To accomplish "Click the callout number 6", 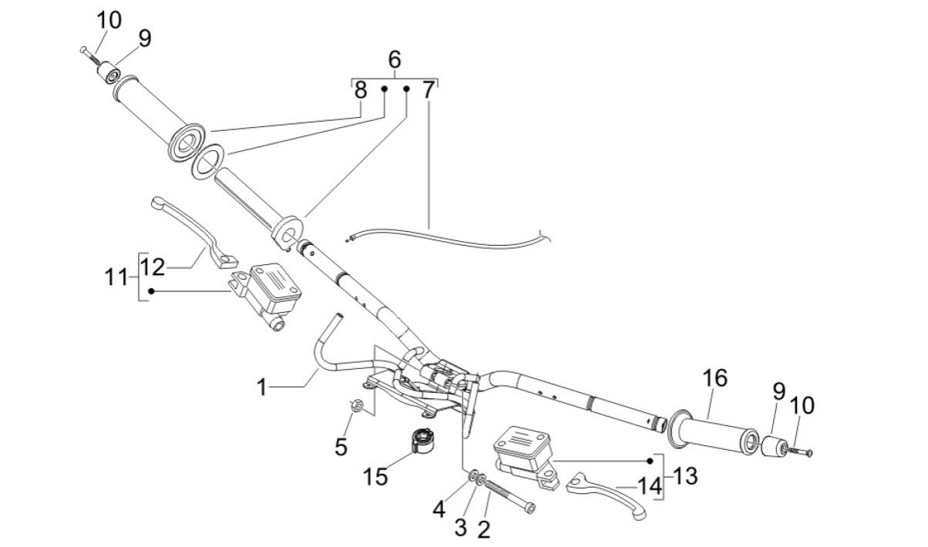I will (x=394, y=59).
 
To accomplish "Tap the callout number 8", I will (x=361, y=90).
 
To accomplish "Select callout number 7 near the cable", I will (x=429, y=90).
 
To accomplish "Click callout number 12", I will (x=153, y=267).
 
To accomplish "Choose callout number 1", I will (x=262, y=387).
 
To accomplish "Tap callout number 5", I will (x=341, y=445).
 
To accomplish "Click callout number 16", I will (x=714, y=379).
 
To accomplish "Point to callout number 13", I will (x=684, y=476).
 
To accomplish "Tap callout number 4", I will (x=439, y=509).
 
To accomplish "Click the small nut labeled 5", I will (x=356, y=405).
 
